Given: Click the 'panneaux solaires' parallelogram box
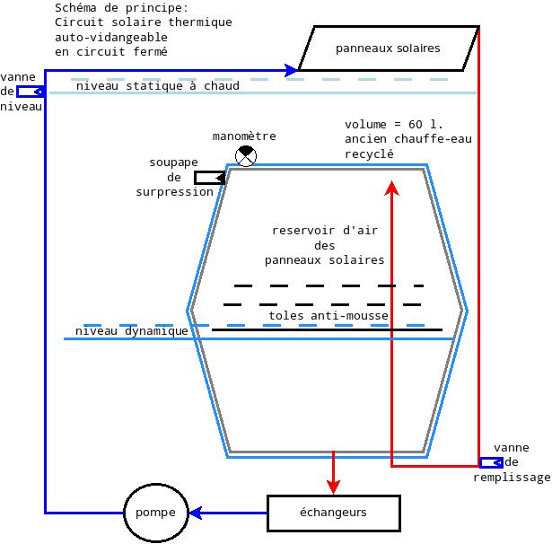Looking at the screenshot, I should coord(388,48).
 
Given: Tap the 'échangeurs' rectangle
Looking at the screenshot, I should coord(333,513).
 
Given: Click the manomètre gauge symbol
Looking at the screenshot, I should coord(245,156).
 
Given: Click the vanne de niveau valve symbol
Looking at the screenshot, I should coord(31,91).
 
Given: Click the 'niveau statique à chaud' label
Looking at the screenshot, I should coord(157,86).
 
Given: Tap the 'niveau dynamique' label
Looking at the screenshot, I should coord(132,331).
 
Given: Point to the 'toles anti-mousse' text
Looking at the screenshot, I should coord(329,316).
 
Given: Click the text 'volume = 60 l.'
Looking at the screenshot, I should coord(394,124).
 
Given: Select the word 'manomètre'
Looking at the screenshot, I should coord(244,136).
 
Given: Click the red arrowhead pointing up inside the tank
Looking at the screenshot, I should coord(391,187).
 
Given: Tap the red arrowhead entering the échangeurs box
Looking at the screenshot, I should coord(333,487).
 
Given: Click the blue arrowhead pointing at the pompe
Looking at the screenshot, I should coord(195,513).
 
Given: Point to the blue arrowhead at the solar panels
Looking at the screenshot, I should coord(291,69).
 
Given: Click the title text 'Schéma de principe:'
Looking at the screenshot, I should coord(121,8).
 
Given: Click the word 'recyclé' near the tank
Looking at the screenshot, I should coord(370,154).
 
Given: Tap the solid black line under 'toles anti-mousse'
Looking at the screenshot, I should coord(327,330).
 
